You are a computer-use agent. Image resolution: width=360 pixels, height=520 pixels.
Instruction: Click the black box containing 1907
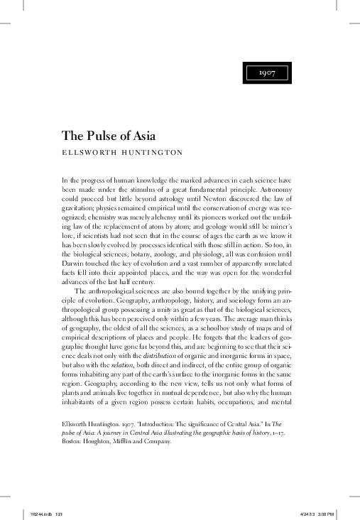[267, 73]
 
